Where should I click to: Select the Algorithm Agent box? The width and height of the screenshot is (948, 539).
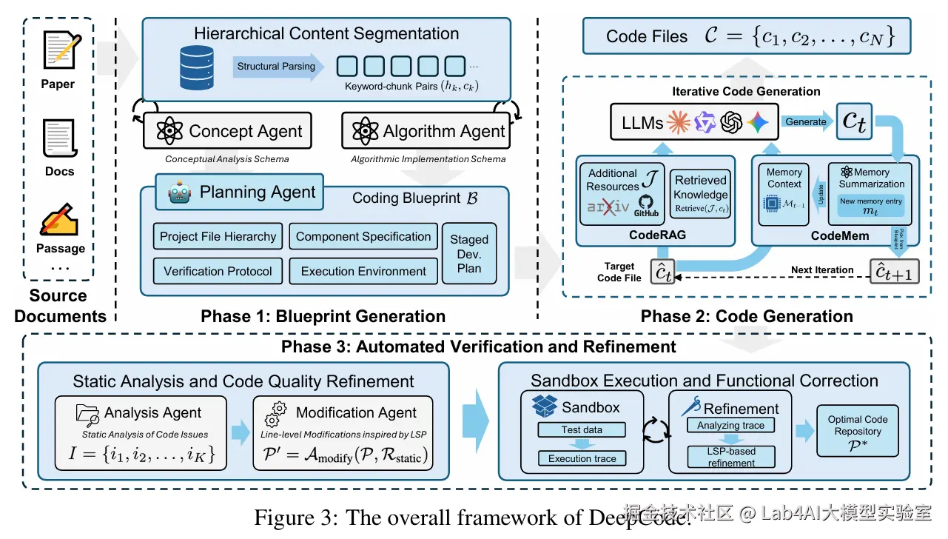(426, 132)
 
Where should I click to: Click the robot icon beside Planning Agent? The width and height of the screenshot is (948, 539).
(179, 193)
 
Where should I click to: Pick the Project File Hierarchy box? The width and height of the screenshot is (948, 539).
(218, 237)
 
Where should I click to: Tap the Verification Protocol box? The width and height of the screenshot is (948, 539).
(218, 271)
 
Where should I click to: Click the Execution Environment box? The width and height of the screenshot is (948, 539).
(363, 271)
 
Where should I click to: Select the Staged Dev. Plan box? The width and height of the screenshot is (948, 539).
(469, 254)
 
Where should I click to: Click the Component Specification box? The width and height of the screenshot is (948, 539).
(363, 237)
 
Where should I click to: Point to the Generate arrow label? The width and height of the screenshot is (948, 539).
(806, 121)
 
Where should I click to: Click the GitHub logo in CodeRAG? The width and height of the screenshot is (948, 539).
(646, 205)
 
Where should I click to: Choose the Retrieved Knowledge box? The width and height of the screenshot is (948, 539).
(700, 195)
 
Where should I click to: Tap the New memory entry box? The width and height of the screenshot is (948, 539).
(871, 207)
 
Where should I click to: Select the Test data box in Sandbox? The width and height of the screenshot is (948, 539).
(582, 430)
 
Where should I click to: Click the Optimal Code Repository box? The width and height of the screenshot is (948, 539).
(858, 430)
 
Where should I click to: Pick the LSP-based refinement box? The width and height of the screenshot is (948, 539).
(731, 457)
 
